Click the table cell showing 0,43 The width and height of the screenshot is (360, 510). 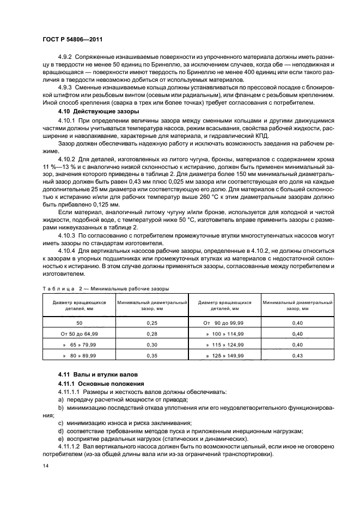(x=297, y=355)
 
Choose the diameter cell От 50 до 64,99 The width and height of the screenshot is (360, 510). (x=79, y=333)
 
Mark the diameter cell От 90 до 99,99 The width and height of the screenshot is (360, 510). (x=224, y=323)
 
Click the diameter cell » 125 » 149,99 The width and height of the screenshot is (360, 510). (x=224, y=355)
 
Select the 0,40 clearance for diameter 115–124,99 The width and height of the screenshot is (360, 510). (x=297, y=344)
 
